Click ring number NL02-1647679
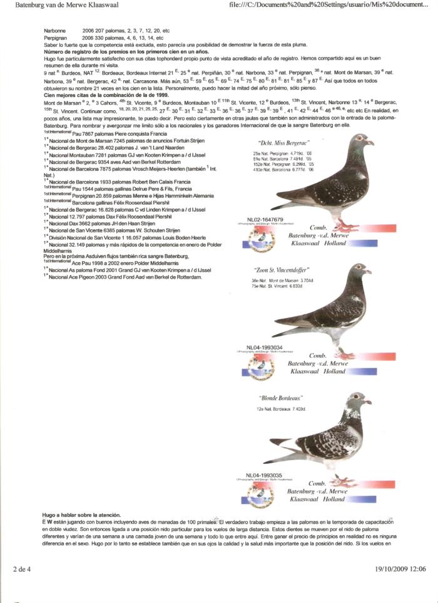coord(265,219)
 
